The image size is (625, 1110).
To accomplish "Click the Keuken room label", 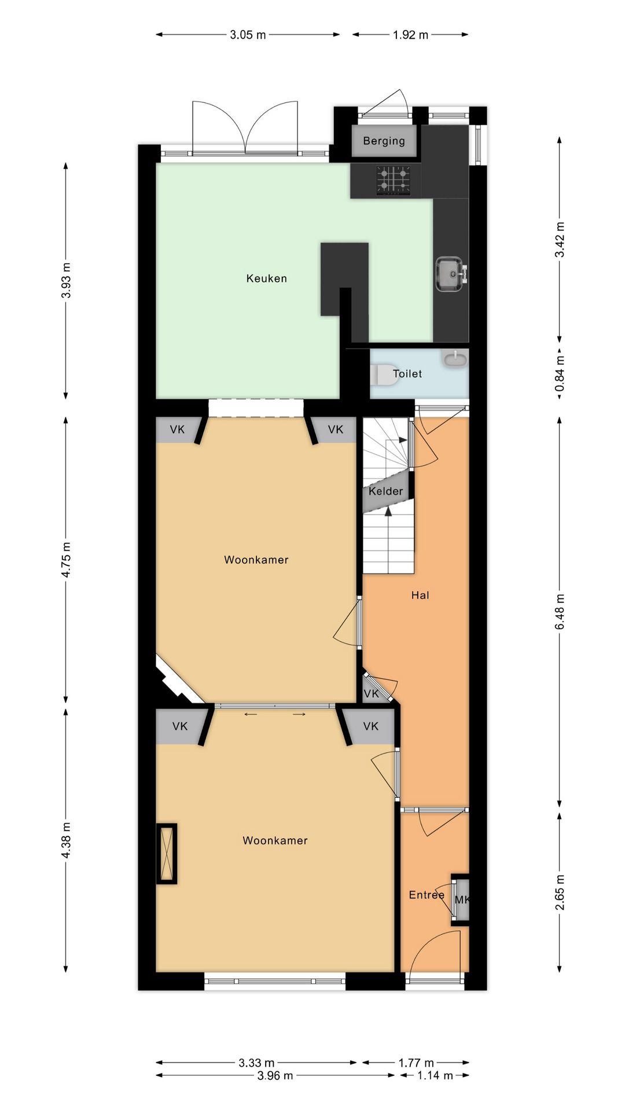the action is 266,278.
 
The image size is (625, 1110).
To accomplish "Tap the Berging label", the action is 384,140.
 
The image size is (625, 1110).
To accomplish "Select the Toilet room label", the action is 407,373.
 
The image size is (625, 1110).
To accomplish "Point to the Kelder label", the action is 385,491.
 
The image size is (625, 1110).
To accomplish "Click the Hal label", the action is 420,595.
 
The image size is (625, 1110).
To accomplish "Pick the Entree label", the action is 427,894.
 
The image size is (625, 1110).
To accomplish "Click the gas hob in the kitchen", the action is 394,180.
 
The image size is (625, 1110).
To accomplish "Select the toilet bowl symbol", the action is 381,374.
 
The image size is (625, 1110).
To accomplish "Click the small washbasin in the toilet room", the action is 455,358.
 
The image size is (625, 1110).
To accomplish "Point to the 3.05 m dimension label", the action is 248,35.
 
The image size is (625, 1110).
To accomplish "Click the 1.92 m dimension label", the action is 410,35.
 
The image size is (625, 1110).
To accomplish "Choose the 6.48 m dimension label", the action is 559,612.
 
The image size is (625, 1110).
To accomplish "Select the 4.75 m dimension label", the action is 66,559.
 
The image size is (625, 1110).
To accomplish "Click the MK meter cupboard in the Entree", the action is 461,900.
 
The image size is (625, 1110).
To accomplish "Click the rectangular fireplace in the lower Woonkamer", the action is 166,853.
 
